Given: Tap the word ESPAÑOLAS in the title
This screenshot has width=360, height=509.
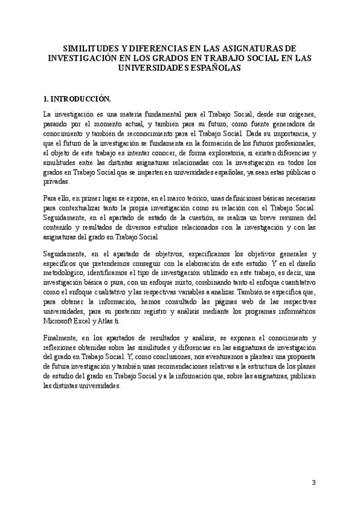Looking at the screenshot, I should click(212, 68).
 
